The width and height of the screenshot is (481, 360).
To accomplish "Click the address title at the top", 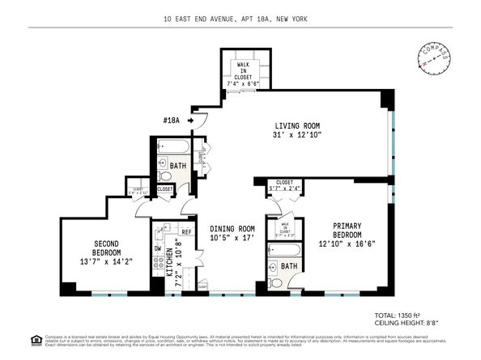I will click(240, 19).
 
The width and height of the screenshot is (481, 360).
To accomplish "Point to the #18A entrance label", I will click(171, 121).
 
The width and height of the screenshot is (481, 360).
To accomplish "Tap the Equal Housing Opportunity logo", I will click(11, 339).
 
